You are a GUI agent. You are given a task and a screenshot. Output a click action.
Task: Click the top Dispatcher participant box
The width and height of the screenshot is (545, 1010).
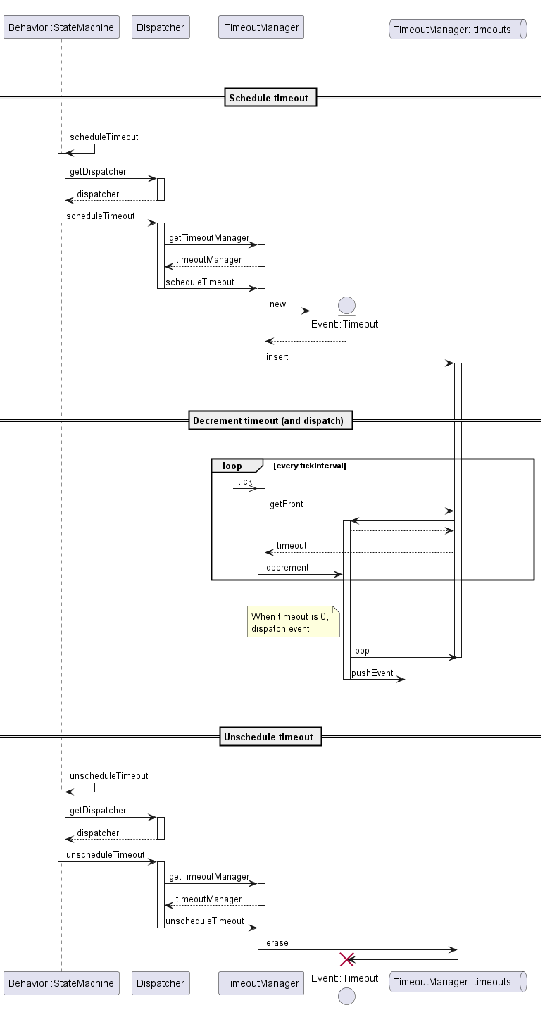(161, 28)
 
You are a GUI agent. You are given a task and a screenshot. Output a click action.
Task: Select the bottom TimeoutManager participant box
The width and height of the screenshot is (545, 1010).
(261, 983)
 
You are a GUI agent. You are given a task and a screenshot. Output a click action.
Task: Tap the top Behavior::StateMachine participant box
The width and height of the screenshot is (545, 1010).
(61, 28)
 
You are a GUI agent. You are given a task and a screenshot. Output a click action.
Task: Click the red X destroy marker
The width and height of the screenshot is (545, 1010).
(346, 959)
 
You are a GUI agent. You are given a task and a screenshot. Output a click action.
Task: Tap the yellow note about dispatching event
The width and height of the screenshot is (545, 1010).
(293, 622)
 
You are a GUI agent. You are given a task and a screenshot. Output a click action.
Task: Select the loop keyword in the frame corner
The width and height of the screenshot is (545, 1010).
(232, 466)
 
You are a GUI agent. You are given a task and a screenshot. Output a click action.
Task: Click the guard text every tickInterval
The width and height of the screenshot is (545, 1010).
(310, 466)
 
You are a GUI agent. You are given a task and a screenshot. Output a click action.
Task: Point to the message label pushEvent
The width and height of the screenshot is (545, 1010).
(372, 673)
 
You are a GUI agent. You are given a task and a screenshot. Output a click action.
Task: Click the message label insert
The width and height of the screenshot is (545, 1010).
(277, 357)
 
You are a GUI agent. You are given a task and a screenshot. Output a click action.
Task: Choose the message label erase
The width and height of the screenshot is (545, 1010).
(277, 943)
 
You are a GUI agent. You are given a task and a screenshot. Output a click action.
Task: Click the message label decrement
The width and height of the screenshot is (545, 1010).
(287, 568)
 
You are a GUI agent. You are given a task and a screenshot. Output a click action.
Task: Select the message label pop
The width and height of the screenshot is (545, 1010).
(362, 651)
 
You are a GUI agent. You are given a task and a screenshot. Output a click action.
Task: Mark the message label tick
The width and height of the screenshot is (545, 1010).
(244, 482)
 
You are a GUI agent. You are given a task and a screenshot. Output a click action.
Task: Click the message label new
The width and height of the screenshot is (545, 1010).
(277, 304)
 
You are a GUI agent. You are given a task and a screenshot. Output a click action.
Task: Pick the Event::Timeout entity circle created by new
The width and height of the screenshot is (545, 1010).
(346, 305)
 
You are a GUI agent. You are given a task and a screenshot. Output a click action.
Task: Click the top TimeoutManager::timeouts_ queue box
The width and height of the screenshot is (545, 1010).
(457, 29)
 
